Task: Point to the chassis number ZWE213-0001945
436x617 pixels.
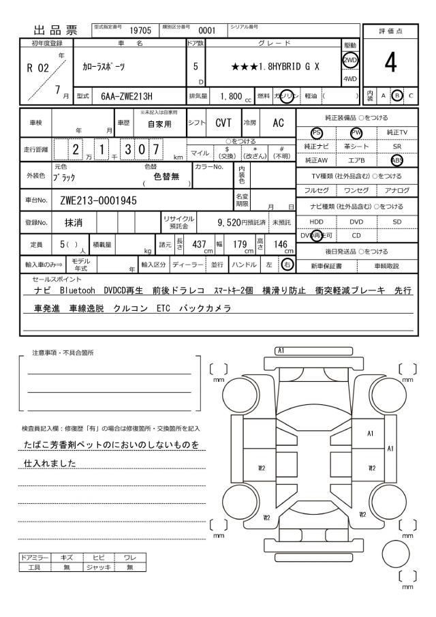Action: click(x=99, y=200)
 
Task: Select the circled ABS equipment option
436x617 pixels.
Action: click(x=396, y=161)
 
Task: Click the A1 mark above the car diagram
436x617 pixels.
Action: click(x=280, y=349)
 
